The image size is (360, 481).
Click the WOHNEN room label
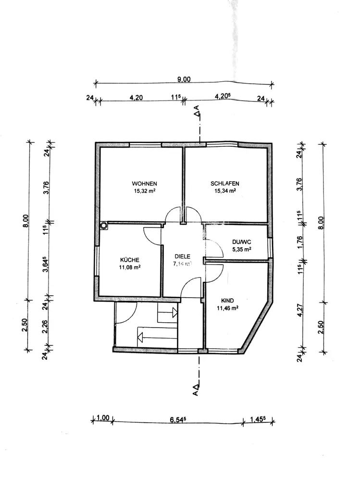145,183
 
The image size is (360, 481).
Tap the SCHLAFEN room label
224,183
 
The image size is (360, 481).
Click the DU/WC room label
242,242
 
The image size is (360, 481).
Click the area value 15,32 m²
145,190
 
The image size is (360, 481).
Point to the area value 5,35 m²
242,250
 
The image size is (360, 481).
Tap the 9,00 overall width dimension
183,80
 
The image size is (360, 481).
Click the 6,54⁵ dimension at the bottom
178,419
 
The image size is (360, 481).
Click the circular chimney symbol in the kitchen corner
103,225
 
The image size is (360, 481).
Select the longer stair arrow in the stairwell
156,335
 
